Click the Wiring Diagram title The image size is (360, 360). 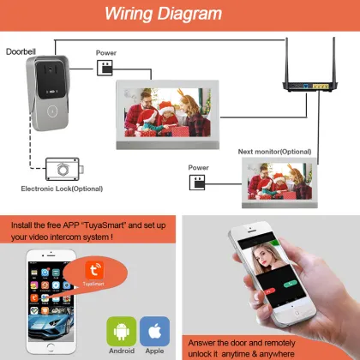click(x=179, y=15)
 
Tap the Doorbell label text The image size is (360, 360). click(x=21, y=52)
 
